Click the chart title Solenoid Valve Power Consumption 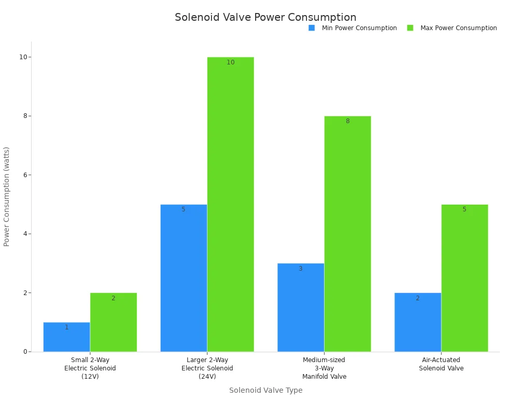pos(265,18)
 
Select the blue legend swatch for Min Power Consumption pos(312,28)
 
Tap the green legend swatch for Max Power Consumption pos(410,28)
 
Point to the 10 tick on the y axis pos(23,57)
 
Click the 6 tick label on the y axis pos(24,175)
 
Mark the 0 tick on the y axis pos(24,352)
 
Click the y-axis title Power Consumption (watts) pos(7,196)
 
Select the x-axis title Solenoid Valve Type pos(265,390)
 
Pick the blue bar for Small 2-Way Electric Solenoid pos(66,337)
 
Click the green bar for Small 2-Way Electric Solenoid pos(114,322)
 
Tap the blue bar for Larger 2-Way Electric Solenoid pos(184,278)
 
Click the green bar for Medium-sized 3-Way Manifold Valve pos(347,234)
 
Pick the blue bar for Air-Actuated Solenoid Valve pos(417,322)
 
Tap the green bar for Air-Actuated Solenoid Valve pos(465,278)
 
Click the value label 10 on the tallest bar pos(231,62)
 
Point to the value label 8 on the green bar pos(347,121)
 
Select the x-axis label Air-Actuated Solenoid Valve pos(441,364)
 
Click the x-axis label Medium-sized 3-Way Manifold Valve pos(324,368)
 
